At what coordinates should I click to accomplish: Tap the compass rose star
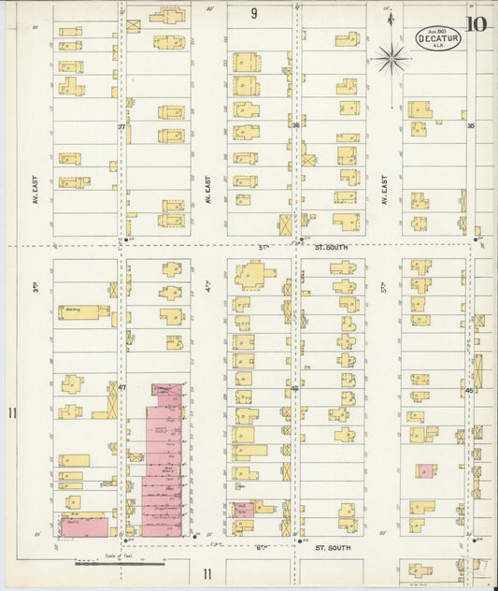pos(391,59)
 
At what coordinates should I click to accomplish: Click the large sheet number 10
pos(477,23)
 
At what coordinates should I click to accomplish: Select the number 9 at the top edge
pos(254,13)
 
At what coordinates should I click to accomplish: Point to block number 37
pos(121,126)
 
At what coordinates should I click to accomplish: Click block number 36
pos(295,125)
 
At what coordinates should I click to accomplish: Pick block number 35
pos(471,125)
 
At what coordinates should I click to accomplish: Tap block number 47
pos(121,386)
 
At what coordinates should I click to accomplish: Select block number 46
pos(295,388)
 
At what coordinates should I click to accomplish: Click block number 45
pos(470,390)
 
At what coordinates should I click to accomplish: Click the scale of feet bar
pos(120,563)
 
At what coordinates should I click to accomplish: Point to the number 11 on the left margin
pos(12,413)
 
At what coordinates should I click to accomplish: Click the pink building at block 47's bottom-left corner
pos(84,526)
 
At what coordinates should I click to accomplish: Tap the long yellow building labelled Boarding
pos(84,312)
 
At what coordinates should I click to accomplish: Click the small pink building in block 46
pos(243,511)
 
